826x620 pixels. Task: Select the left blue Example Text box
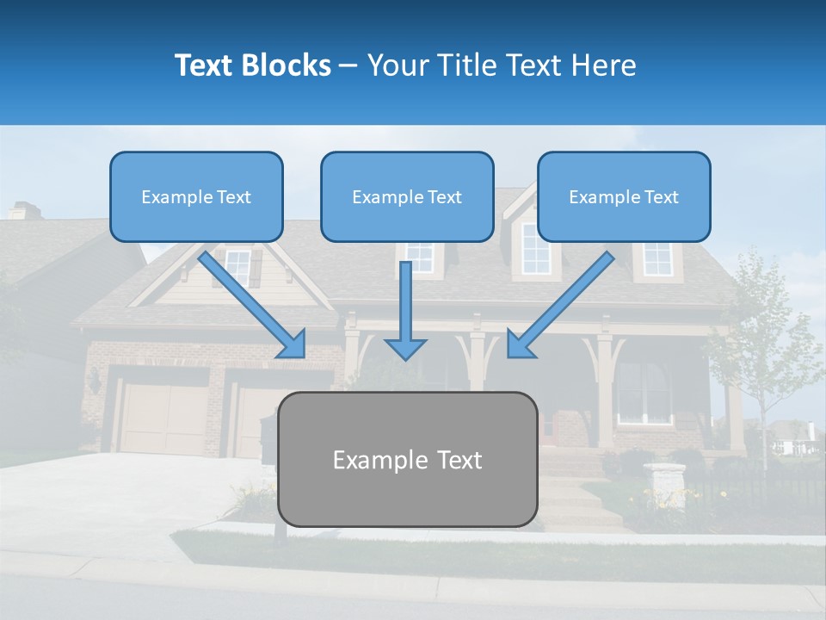pos(196,196)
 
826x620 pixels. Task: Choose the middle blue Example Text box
pos(407,196)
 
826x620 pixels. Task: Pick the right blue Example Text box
pos(624,196)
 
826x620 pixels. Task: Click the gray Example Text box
pos(407,459)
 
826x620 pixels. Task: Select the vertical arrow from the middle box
pos(405,310)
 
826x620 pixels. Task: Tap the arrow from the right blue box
pos(560,305)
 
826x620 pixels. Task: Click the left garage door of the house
pos(163,418)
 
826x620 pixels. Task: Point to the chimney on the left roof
pos(24,210)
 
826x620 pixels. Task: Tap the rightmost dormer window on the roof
pos(657,258)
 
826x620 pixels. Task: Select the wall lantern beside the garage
pos(94,381)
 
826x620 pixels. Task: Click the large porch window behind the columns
pos(643,392)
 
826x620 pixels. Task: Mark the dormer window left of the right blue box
pos(534,250)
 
